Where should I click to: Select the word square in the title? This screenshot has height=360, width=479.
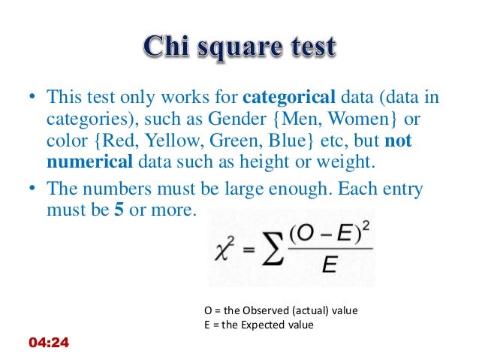coord(238,48)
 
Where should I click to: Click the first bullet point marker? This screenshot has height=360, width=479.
coord(32,98)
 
